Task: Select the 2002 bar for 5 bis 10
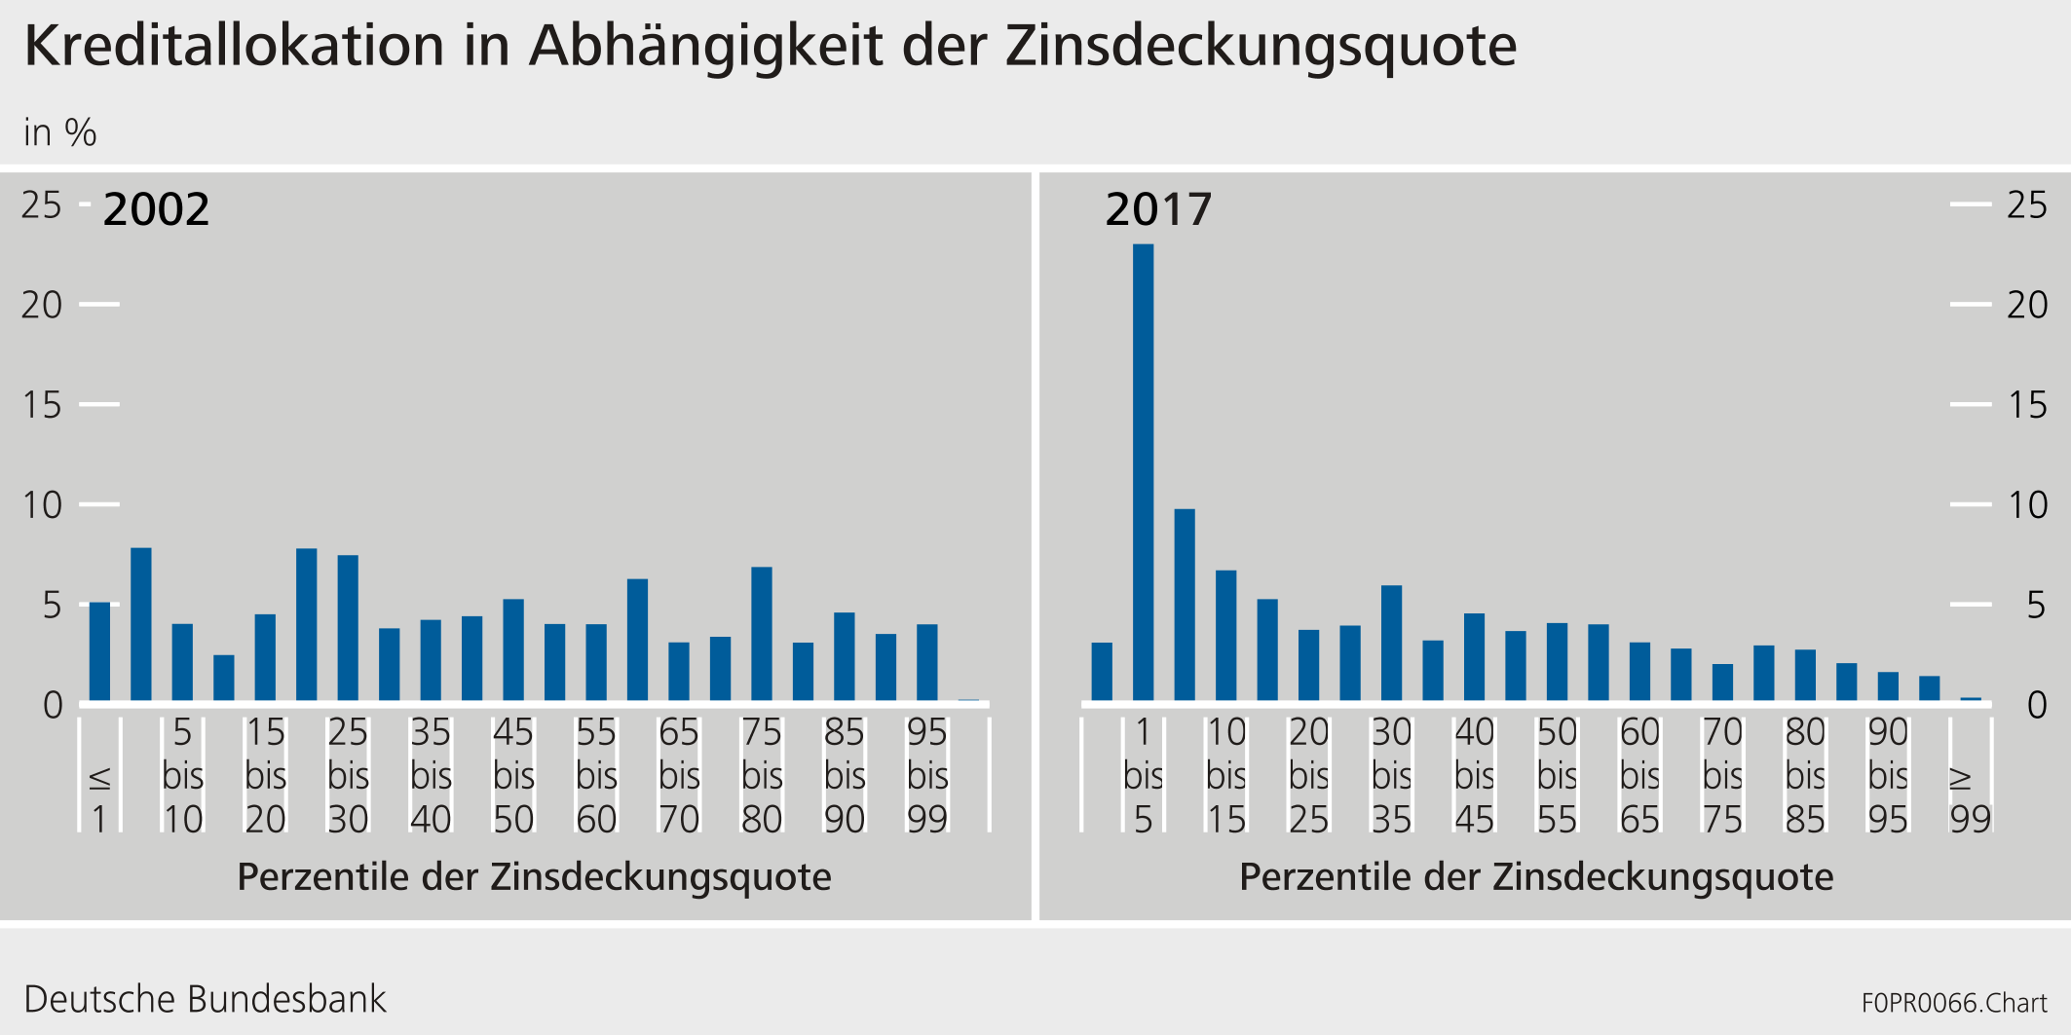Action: pyautogui.click(x=182, y=662)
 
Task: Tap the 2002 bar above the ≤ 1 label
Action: pyautogui.click(x=99, y=651)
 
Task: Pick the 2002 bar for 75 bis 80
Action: pyautogui.click(x=762, y=634)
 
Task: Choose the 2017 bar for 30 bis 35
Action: pyautogui.click(x=1391, y=643)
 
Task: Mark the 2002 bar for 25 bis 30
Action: pyautogui.click(x=348, y=628)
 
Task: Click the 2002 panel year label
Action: pyautogui.click(x=156, y=209)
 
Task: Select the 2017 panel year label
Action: pyautogui.click(x=1158, y=209)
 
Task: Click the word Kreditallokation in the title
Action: pyautogui.click(x=234, y=46)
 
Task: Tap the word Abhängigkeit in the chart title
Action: pyautogui.click(x=706, y=46)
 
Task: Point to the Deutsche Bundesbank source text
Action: pyautogui.click(x=205, y=1000)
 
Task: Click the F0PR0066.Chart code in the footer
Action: pyautogui.click(x=1954, y=1003)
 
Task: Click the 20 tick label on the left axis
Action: pyautogui.click(x=42, y=305)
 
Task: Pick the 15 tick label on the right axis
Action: pyautogui.click(x=2028, y=405)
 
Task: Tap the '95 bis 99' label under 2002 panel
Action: pyautogui.click(x=927, y=776)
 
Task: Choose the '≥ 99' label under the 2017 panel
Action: pyautogui.click(x=1970, y=798)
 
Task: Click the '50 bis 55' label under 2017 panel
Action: pyautogui.click(x=1557, y=776)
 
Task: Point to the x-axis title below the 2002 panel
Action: pyautogui.click(x=534, y=877)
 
